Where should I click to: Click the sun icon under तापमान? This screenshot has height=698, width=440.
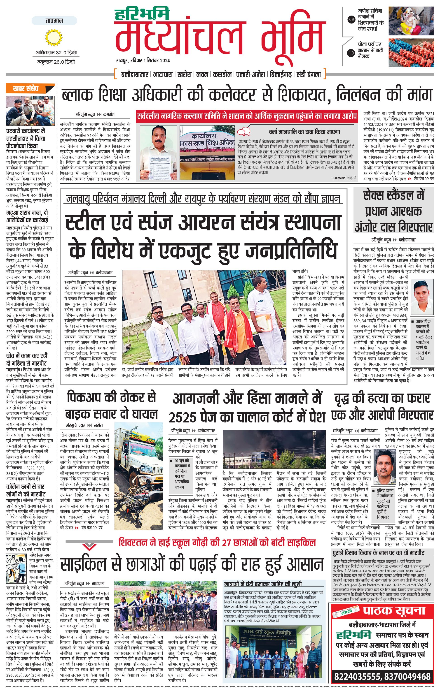[x=54, y=38]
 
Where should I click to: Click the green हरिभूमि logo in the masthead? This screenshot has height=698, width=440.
[x=142, y=14]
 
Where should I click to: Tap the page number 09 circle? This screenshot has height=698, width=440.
[x=351, y=20]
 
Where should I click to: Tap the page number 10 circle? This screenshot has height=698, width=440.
[x=351, y=53]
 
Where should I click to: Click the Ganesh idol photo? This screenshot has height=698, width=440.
[x=411, y=21]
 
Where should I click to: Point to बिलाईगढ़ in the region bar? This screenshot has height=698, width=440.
[x=281, y=74]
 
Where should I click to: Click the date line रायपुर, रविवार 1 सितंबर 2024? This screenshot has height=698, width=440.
[x=143, y=60]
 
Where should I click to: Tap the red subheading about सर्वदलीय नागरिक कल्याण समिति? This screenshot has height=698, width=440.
[x=247, y=116]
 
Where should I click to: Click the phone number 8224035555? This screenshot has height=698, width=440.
[x=357, y=683]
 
